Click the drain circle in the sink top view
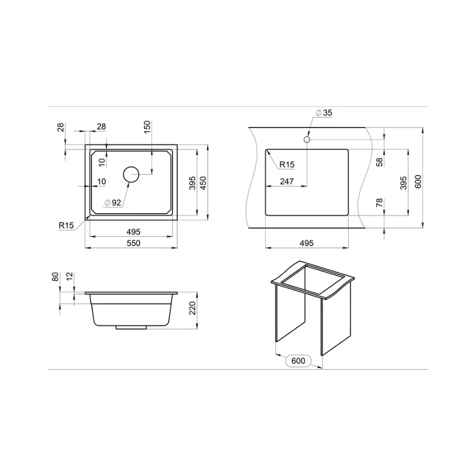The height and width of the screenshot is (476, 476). click(131, 173)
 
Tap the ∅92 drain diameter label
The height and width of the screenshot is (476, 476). click(113, 202)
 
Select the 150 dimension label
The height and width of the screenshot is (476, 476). click(148, 126)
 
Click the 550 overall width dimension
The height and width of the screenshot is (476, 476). click(133, 243)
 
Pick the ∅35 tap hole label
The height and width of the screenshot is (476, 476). click(324, 113)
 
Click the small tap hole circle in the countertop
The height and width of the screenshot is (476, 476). click(306, 139)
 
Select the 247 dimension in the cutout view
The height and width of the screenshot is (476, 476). click(286, 181)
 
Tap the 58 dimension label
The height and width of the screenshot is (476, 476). click(379, 162)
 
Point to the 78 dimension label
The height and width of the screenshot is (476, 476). click(379, 204)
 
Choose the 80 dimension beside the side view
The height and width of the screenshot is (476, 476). click(56, 277)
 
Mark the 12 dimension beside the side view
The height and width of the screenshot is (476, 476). click(70, 277)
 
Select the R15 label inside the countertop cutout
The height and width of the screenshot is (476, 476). click(286, 165)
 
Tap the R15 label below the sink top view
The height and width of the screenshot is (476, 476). click(66, 225)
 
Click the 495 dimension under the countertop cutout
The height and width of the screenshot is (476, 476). click(306, 243)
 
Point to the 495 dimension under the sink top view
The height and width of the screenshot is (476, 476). click(133, 231)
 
